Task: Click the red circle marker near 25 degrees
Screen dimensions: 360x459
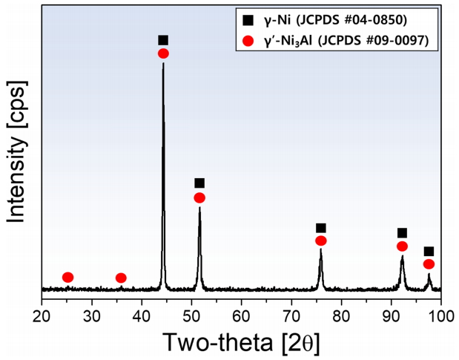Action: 67,277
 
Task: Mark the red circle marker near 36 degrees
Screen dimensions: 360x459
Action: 121,278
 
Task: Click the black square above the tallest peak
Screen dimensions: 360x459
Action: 163,40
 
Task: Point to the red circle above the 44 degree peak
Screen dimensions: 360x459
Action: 163,53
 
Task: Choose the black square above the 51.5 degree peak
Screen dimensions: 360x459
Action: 199,183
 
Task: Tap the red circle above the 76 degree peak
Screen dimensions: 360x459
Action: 321,240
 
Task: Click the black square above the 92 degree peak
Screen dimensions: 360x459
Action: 402,233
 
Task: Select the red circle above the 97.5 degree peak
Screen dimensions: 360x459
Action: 429,264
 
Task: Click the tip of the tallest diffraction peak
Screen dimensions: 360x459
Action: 163,64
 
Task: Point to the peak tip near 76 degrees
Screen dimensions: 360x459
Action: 320,249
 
